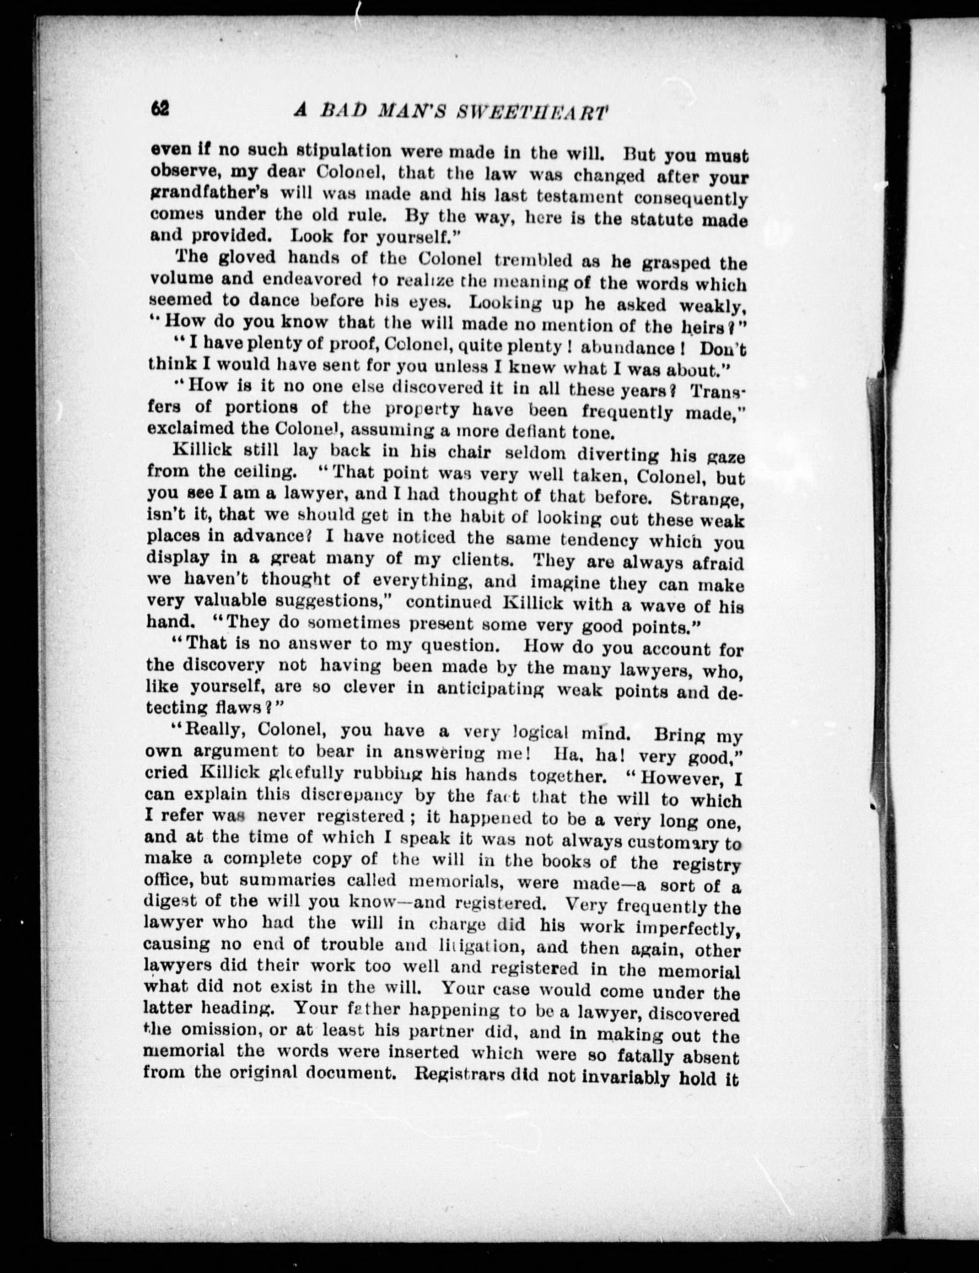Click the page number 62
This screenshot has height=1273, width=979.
[x=160, y=108]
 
